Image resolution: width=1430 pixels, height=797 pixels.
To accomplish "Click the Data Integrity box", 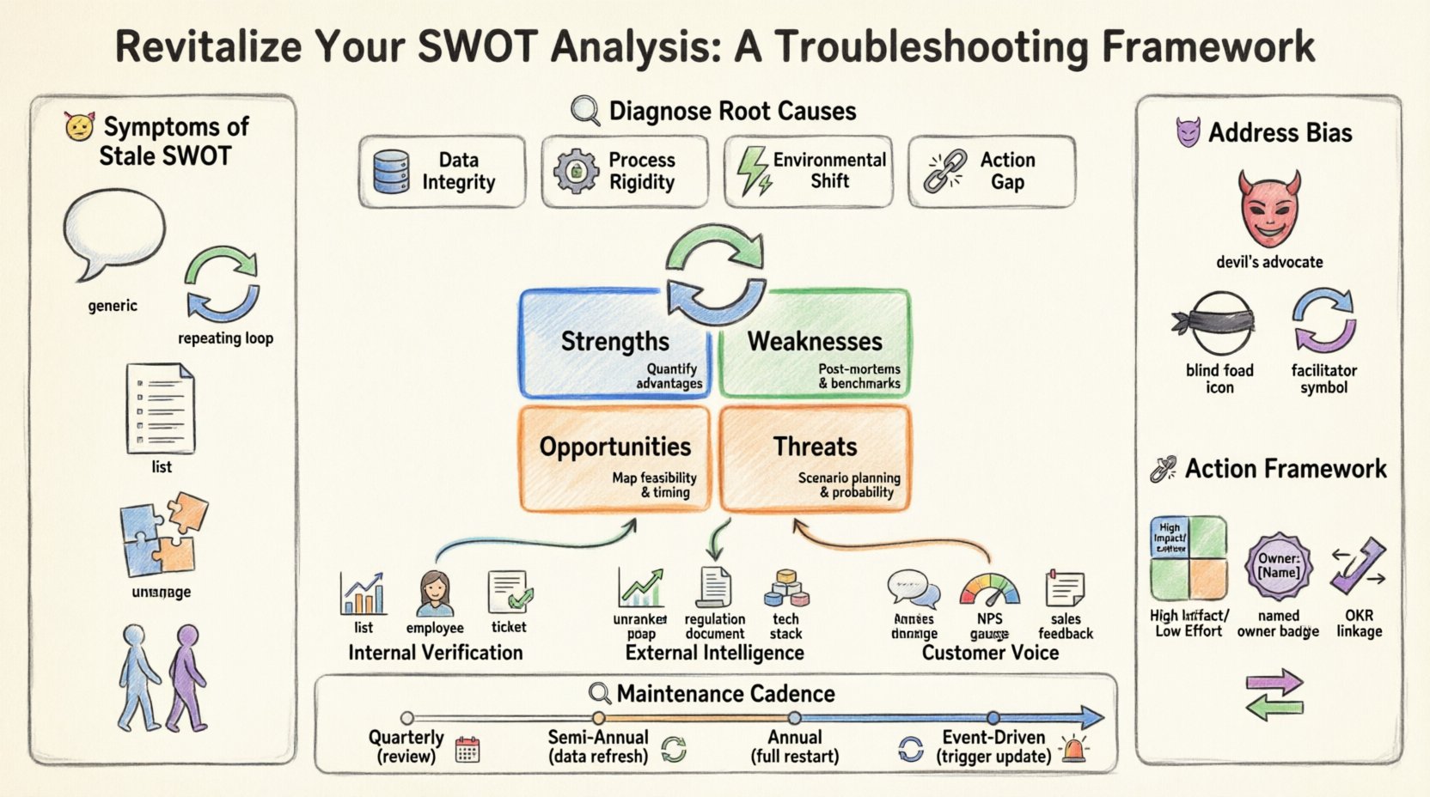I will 441,171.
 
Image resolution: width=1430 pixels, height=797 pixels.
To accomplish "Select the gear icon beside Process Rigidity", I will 575,170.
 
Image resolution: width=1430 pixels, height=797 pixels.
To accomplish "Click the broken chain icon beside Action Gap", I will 944,170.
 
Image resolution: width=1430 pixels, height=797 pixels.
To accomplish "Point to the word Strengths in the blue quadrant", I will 614,342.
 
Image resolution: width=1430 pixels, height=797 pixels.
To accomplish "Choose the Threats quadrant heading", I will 815,447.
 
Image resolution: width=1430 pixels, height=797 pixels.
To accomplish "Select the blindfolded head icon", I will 1214,324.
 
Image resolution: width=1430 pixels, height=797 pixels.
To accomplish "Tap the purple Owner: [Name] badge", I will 1278,565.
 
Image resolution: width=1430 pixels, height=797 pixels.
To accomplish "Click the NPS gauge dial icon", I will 989,590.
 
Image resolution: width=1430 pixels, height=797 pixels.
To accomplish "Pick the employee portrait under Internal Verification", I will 435,593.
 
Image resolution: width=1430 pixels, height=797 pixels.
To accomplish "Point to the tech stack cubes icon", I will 785,589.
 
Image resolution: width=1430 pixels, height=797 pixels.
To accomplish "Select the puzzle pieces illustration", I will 163,534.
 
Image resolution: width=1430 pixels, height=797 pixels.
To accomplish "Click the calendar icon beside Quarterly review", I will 467,750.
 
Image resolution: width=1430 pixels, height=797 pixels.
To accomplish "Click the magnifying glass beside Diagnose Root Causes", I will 585,112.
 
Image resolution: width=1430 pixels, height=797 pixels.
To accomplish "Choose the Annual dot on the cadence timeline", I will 795,717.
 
